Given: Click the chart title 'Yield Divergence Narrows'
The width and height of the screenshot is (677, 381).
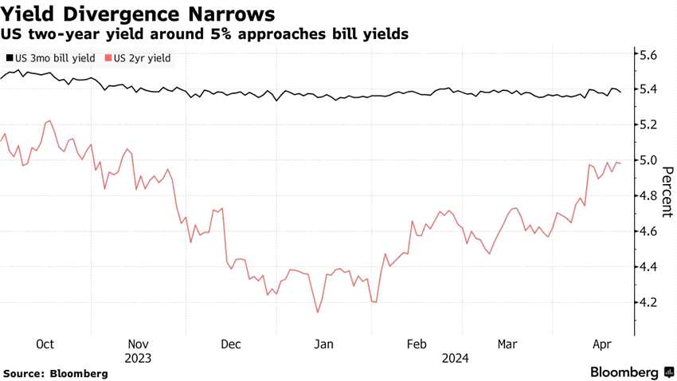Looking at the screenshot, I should pyautogui.click(x=139, y=14).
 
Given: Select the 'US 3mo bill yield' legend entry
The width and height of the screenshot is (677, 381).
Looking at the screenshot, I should pyautogui.click(x=50, y=58).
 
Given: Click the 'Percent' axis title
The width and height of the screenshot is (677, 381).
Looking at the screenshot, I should pyautogui.click(x=667, y=192).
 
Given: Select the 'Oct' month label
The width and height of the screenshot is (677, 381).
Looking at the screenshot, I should pyautogui.click(x=45, y=344).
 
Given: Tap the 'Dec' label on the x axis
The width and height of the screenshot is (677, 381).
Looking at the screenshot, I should pyautogui.click(x=231, y=344).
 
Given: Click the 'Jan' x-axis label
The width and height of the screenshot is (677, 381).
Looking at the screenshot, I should pyautogui.click(x=323, y=344).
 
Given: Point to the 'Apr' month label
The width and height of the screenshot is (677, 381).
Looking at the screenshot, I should pyautogui.click(x=603, y=344).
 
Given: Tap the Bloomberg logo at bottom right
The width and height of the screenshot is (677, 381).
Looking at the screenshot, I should pyautogui.click(x=625, y=372).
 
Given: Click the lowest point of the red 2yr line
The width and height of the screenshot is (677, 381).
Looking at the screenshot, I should pyautogui.click(x=318, y=312).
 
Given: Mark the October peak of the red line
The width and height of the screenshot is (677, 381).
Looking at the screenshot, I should pyautogui.click(x=50, y=121).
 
